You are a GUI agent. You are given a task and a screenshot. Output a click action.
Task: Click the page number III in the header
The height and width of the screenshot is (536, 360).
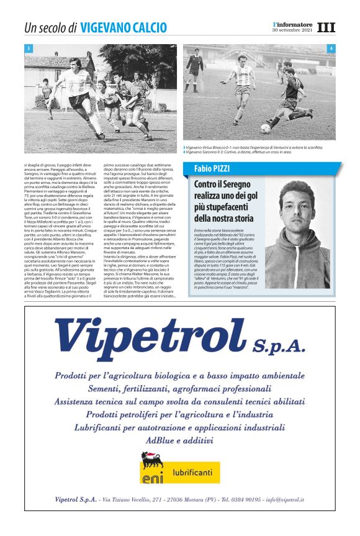coord(326,28)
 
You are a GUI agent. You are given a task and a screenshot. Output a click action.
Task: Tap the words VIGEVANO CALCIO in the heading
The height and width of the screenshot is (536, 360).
coord(124,28)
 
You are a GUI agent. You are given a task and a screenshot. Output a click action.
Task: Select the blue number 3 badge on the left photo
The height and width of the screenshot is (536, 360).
coord(29,48)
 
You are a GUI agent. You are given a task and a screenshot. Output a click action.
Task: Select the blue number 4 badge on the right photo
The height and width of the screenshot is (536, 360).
coord(331,48)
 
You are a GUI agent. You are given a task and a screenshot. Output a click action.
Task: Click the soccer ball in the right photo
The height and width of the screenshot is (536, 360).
coord(266,129)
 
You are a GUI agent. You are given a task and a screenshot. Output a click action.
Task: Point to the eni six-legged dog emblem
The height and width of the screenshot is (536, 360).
coord(151,463)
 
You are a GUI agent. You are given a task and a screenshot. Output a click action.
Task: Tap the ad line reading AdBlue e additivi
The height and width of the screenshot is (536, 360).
coord(179,440)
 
